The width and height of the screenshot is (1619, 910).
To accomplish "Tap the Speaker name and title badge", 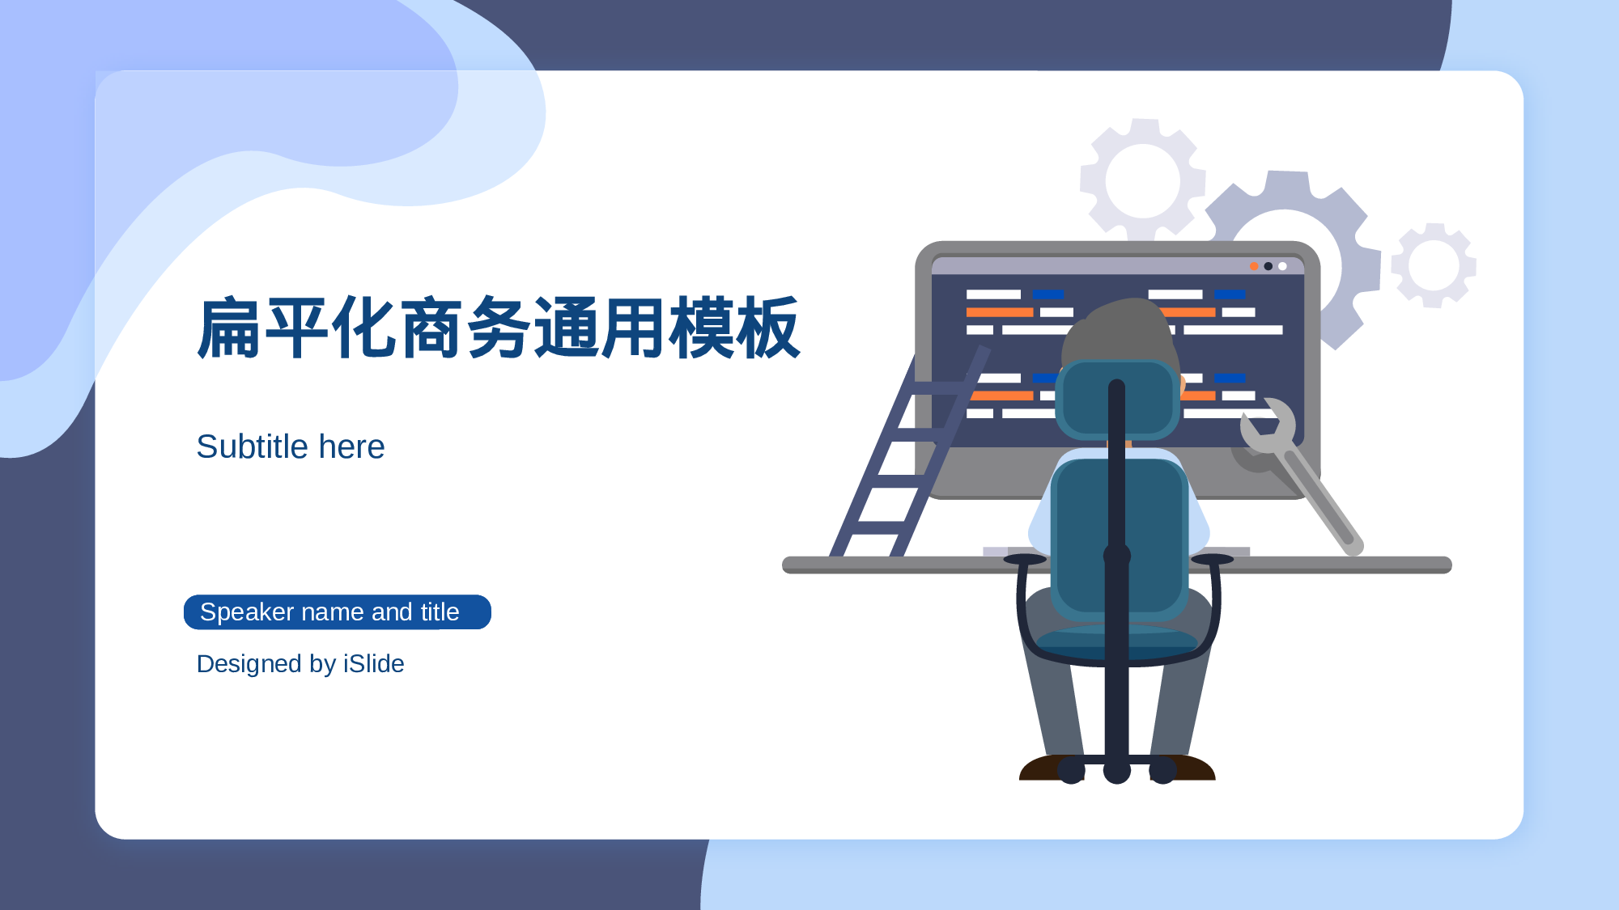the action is click(x=338, y=612).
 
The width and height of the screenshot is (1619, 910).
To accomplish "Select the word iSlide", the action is click(x=373, y=663).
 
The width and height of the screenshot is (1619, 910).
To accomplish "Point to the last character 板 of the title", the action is click(x=768, y=328).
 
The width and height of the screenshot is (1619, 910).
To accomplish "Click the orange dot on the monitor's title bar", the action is click(x=1254, y=266).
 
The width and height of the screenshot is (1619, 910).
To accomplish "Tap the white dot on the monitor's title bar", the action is click(x=1282, y=266).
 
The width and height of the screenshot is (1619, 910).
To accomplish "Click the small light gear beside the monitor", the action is click(x=1434, y=265).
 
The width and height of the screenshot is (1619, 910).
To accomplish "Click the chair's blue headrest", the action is click(x=1117, y=400).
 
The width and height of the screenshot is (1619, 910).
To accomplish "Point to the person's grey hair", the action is click(x=1121, y=332).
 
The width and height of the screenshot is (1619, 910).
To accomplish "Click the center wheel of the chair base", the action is click(x=1117, y=771).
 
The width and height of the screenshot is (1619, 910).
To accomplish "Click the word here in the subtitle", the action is click(x=352, y=447).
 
